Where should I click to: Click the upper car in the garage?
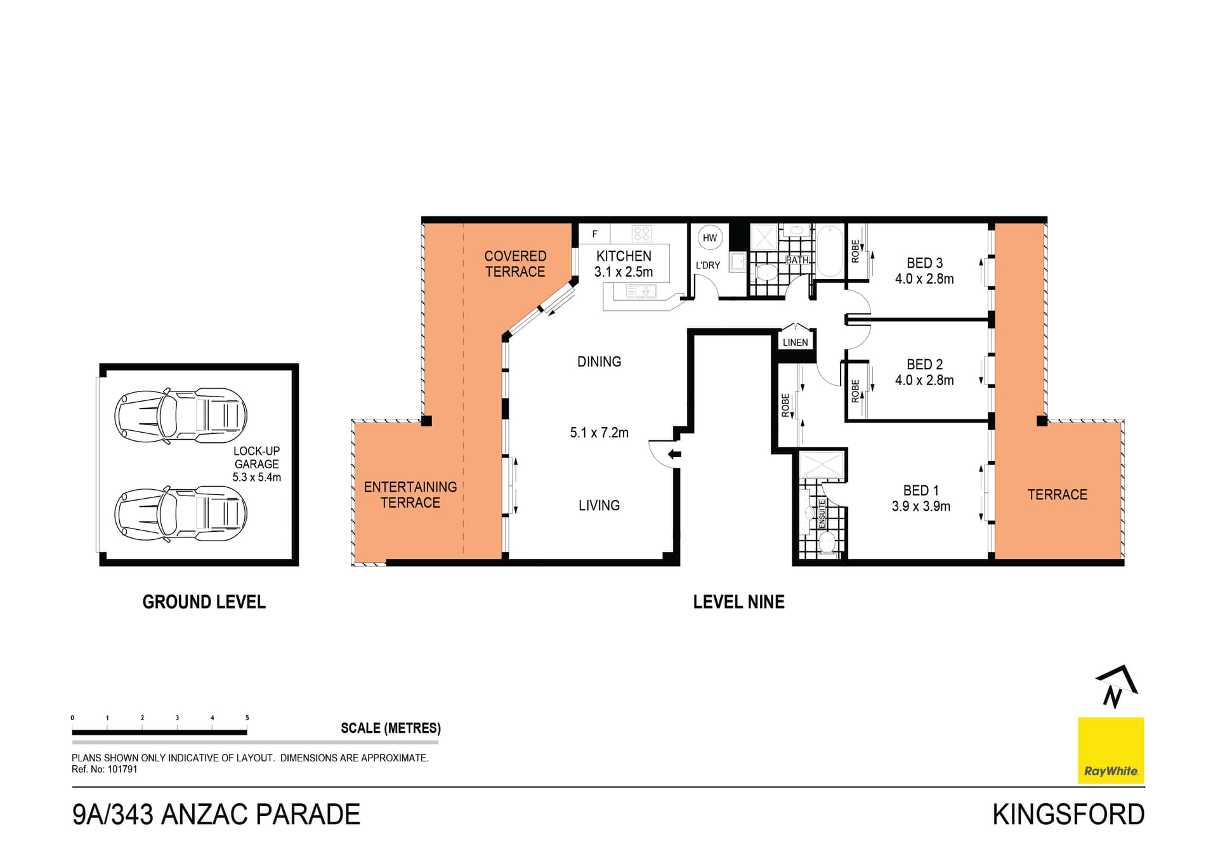(181, 416)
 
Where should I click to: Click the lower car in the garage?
(181, 513)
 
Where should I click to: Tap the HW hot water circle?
(710, 238)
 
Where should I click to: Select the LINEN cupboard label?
(795, 343)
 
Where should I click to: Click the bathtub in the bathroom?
(829, 251)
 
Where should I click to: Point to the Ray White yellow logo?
(1111, 751)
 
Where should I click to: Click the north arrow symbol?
(1116, 687)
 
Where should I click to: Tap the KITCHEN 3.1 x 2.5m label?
(624, 264)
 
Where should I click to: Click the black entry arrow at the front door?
(674, 454)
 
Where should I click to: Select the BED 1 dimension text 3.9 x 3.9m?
(920, 506)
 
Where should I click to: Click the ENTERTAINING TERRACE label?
(410, 495)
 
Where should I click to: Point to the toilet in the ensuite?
(827, 542)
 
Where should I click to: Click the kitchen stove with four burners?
(641, 233)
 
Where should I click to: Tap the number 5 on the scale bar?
(247, 718)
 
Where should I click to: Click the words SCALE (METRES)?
(390, 728)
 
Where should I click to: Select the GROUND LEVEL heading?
(204, 602)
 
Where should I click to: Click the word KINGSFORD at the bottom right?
(1068, 815)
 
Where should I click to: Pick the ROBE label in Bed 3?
(855, 251)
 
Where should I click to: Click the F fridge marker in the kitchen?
(594, 234)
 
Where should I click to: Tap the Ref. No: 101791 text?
(105, 770)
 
